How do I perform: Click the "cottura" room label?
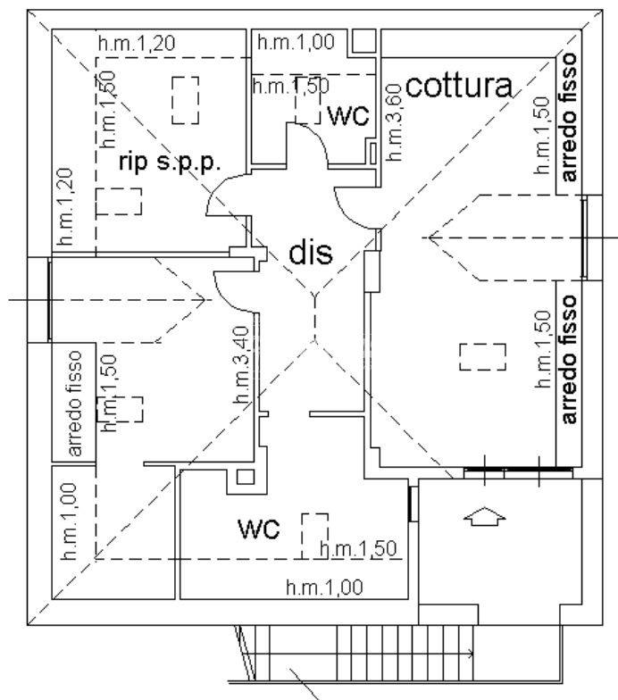(x=460, y=86)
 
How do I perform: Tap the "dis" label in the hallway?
(x=310, y=253)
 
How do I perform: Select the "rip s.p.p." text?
(x=170, y=162)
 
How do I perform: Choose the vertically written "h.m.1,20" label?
(x=65, y=206)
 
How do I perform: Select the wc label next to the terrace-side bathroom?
(x=259, y=528)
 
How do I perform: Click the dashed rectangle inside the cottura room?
(x=482, y=357)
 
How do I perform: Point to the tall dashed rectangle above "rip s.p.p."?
(x=185, y=100)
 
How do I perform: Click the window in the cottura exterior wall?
(x=585, y=237)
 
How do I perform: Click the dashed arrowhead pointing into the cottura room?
(x=432, y=237)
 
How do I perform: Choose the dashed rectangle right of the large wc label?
(x=314, y=535)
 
